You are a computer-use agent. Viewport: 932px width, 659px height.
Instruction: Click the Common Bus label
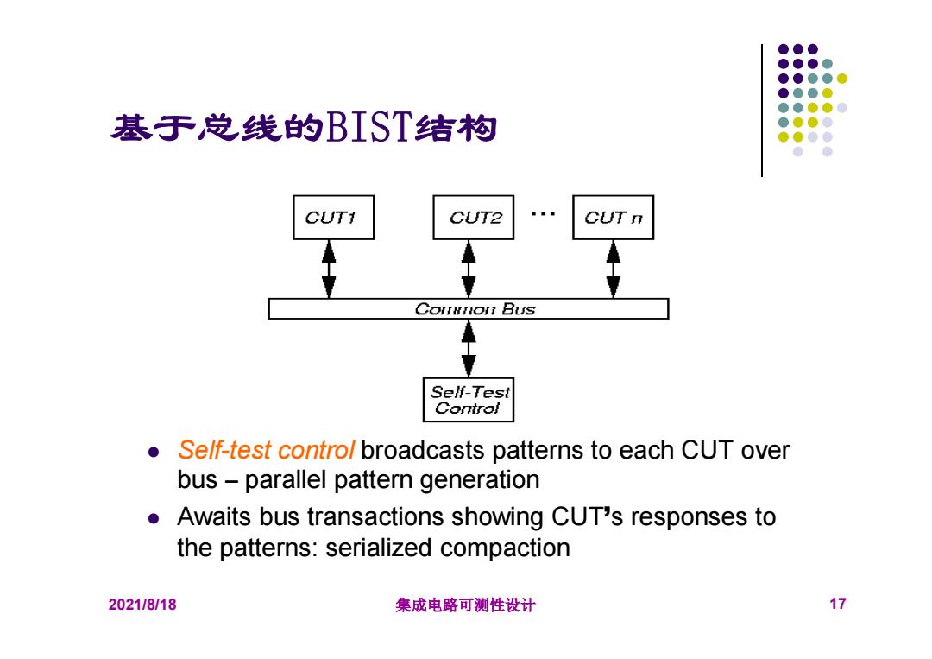coord(475,309)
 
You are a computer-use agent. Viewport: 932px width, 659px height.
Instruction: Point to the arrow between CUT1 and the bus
coord(329,269)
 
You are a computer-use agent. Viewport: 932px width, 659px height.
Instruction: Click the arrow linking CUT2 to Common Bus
coord(469,269)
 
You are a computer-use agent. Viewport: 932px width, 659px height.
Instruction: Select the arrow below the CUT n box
coord(614,269)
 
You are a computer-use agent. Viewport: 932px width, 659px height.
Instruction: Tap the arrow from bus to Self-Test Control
coord(469,349)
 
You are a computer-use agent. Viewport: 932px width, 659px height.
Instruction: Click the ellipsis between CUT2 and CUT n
coord(544,213)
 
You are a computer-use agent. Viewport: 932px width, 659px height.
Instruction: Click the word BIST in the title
coord(368,127)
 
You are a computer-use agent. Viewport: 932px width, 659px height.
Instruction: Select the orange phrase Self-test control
coord(266,450)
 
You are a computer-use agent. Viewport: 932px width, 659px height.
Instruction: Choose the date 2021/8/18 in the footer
coord(142,605)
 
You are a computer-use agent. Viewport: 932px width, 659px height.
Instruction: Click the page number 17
coord(837,604)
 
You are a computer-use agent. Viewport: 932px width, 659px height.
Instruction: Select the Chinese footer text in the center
coord(465,605)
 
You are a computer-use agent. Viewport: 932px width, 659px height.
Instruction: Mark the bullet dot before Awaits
coord(154,518)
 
